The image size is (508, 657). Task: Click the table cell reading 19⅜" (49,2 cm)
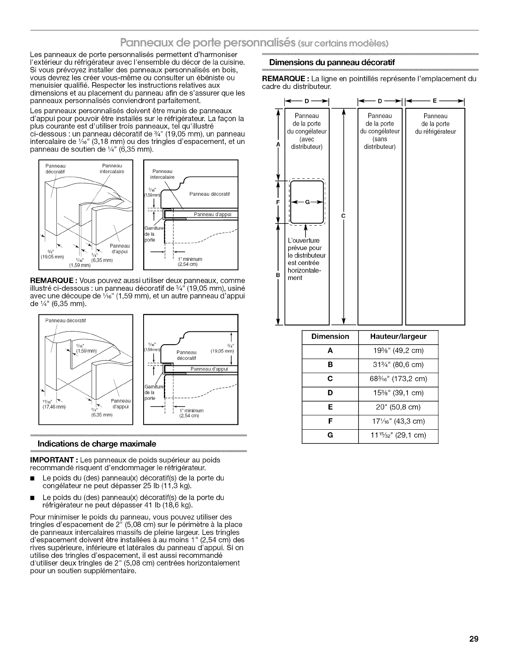tap(398, 350)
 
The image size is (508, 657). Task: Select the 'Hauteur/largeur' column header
tap(398, 336)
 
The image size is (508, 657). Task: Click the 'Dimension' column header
tap(330, 336)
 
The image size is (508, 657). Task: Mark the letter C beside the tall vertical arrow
tap(343, 216)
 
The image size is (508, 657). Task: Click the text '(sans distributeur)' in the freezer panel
tap(380, 143)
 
